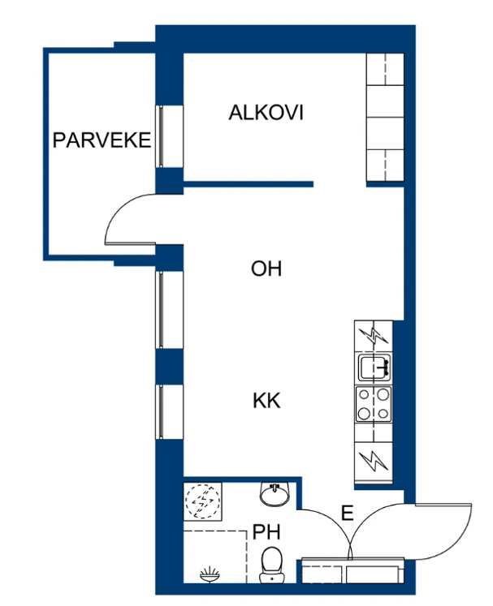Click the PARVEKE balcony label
[102, 140]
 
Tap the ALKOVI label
[266, 113]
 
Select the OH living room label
[266, 269]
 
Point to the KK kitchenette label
[266, 401]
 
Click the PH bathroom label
[266, 532]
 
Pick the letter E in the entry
[348, 513]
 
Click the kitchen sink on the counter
[374, 367]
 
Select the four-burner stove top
[374, 404]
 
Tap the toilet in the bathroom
[272, 564]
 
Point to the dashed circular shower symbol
[202, 501]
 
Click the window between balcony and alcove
[160, 136]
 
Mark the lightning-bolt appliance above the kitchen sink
[374, 336]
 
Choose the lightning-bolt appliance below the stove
[374, 462]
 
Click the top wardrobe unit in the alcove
[385, 69]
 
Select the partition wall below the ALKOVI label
[248, 184]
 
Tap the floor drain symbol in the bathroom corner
[210, 574]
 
